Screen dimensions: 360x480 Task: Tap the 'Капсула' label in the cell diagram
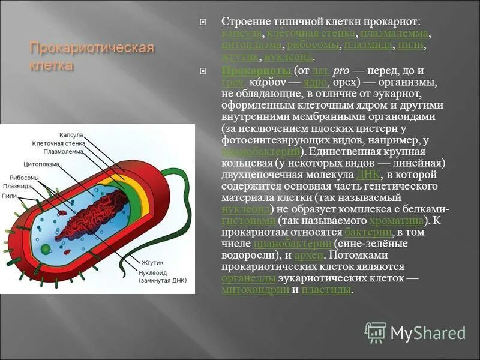(71, 136)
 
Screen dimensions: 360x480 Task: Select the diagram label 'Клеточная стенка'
(59, 144)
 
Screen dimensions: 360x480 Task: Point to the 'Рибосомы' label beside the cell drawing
(24, 178)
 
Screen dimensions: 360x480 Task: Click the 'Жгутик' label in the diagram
(152, 263)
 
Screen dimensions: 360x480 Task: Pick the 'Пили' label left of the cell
(9, 196)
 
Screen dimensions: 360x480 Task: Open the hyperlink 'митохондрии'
(255, 290)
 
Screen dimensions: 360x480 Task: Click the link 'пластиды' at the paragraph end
(326, 290)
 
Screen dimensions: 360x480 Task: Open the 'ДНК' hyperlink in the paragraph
(367, 175)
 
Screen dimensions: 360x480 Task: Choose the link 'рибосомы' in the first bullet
(313, 45)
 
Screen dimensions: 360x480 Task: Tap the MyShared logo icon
(376, 332)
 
